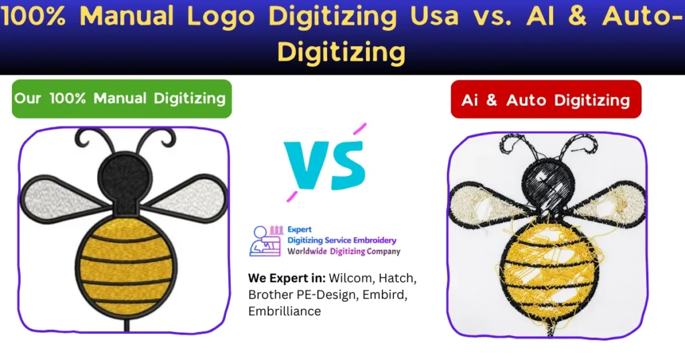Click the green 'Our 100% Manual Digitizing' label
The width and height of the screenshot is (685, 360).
[121, 98]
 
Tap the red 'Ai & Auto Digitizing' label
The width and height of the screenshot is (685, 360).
[545, 100]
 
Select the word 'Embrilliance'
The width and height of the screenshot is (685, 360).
[284, 311]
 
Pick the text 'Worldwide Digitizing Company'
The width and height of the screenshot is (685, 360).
[344, 252]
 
